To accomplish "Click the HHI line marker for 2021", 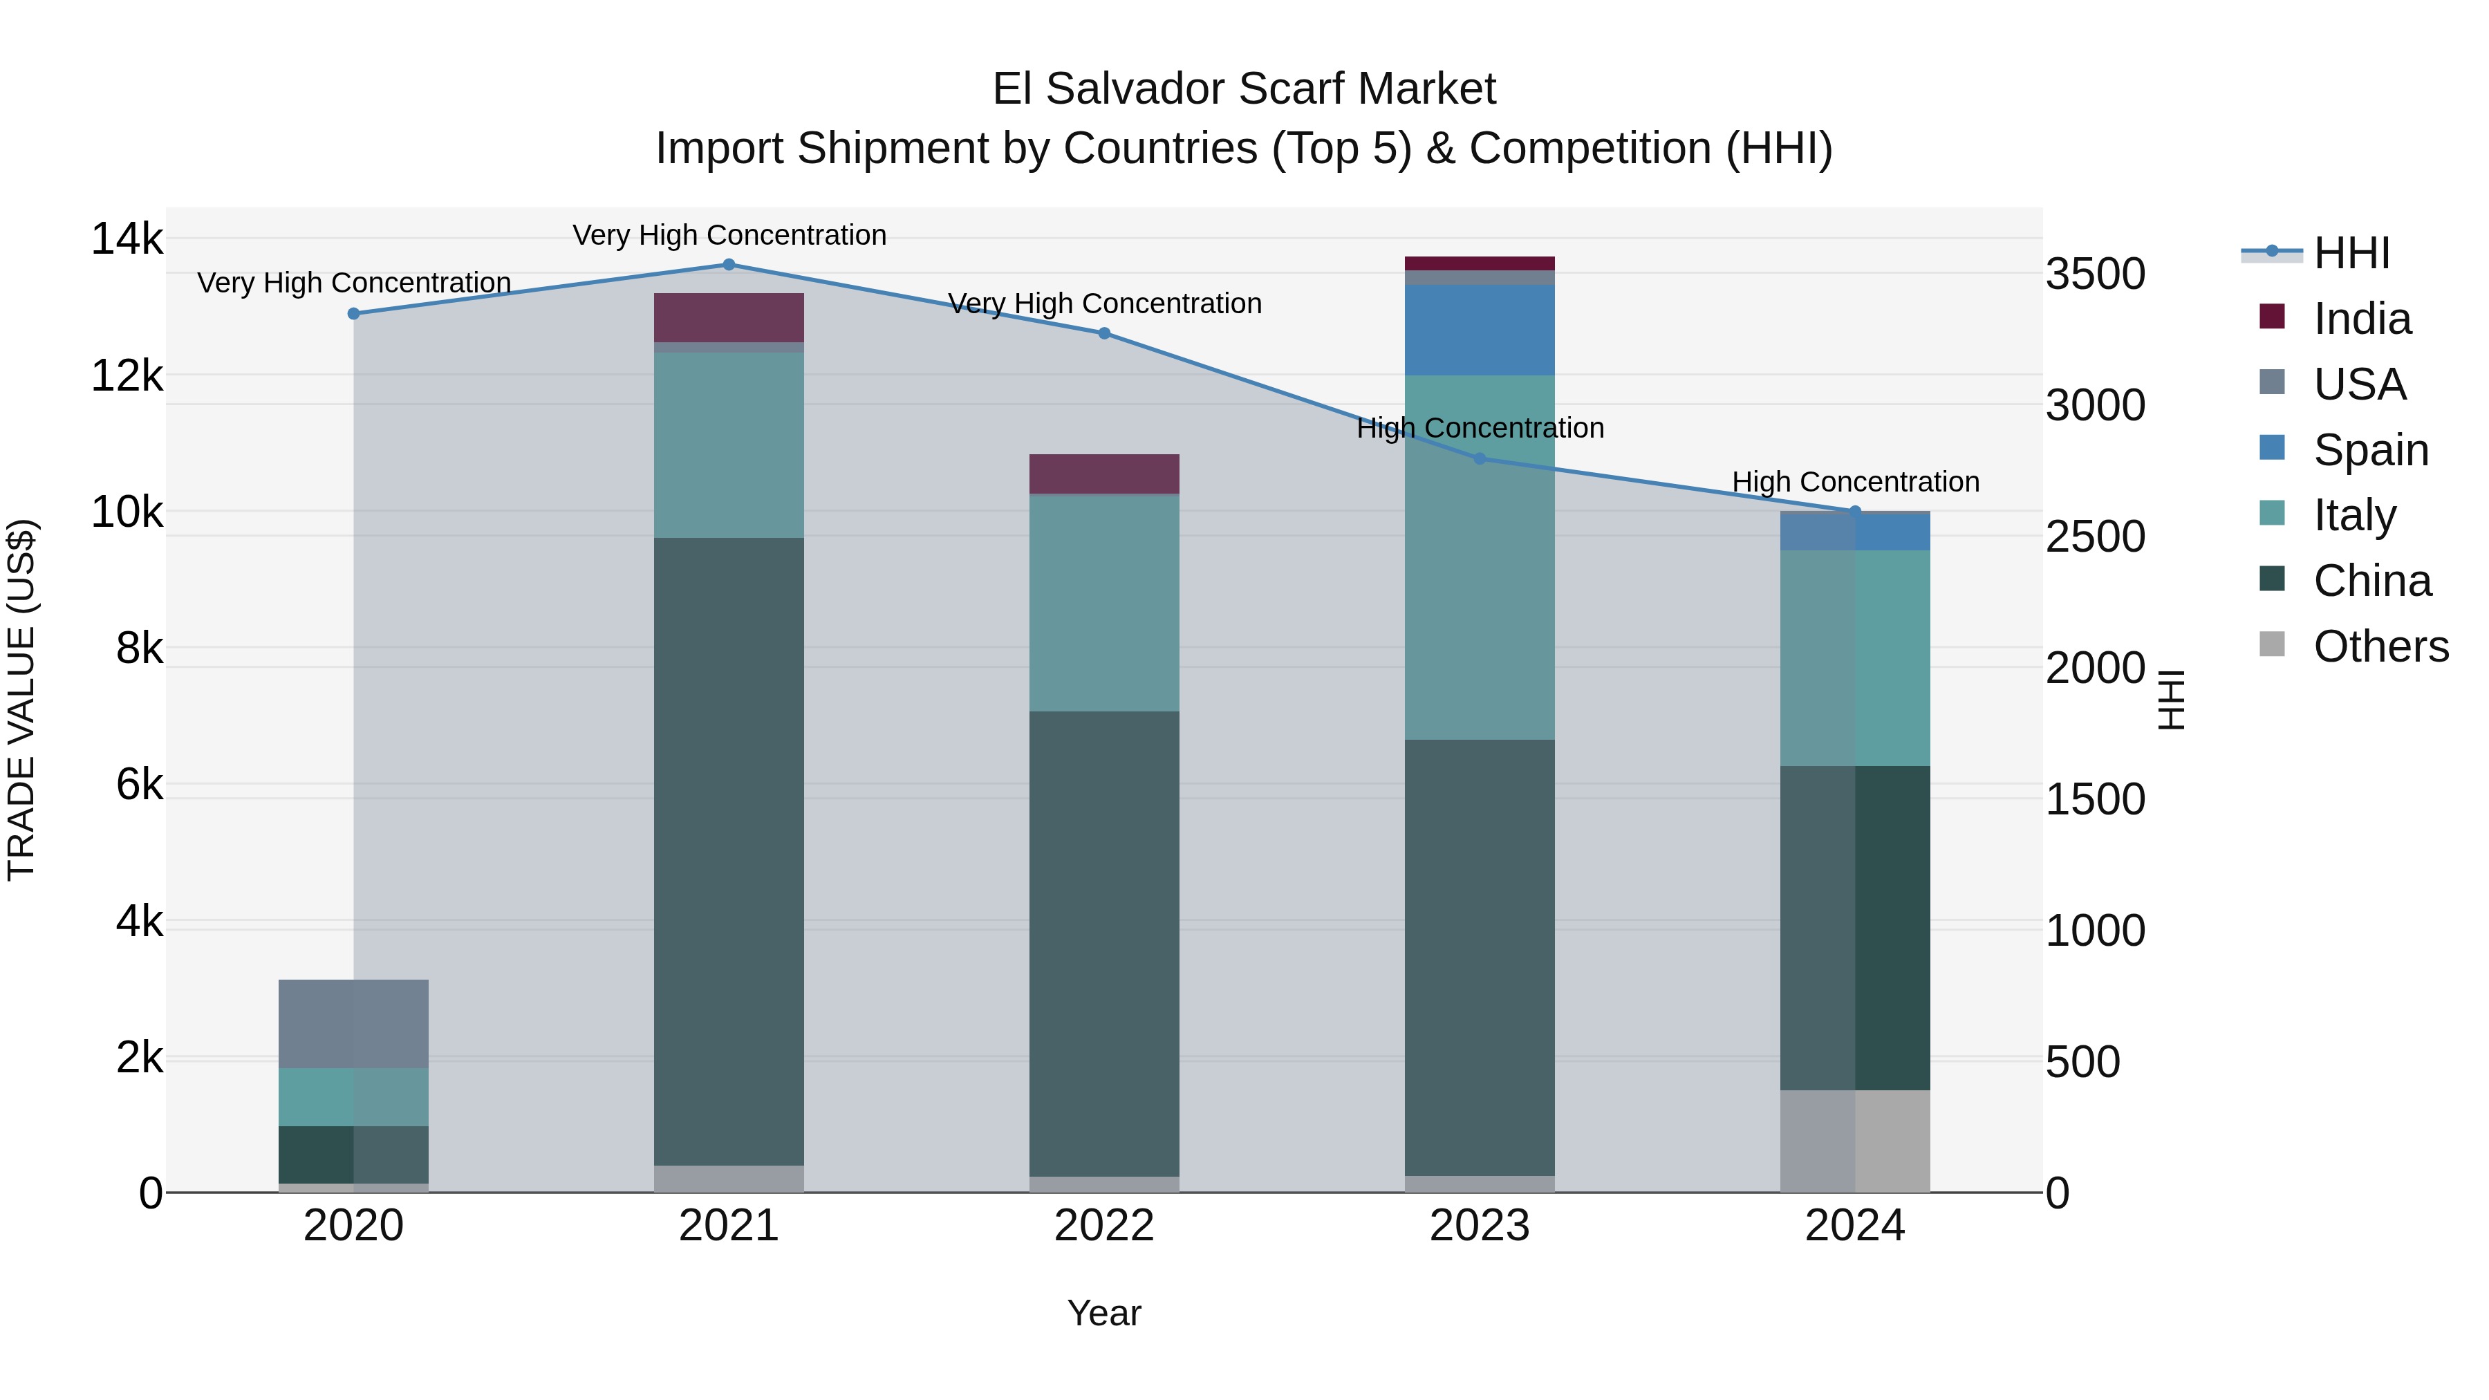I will click(x=729, y=265).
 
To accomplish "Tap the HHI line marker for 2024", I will click(x=1854, y=511).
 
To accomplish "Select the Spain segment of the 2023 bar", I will click(x=1480, y=330).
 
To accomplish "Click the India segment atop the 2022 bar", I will click(x=1103, y=474).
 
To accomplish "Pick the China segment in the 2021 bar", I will click(x=729, y=850).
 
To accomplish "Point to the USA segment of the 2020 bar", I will click(x=353, y=1023).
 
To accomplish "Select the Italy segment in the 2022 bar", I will click(x=1103, y=603).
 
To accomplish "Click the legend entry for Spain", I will click(x=2369, y=450).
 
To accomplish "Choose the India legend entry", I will click(x=2362, y=319).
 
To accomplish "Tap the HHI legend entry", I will click(x=2350, y=253).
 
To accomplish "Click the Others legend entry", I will click(x=2380, y=646).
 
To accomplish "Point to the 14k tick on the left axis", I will click(x=127, y=239).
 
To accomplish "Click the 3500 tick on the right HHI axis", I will click(x=2095, y=274).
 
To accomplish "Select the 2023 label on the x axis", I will click(x=1480, y=1226).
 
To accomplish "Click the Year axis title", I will click(x=1103, y=1313).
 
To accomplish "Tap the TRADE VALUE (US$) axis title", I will click(x=21, y=700).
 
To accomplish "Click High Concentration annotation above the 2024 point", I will click(x=1854, y=481).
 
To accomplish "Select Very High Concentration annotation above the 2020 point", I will click(x=353, y=283).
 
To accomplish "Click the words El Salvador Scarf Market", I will click(x=1244, y=89).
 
